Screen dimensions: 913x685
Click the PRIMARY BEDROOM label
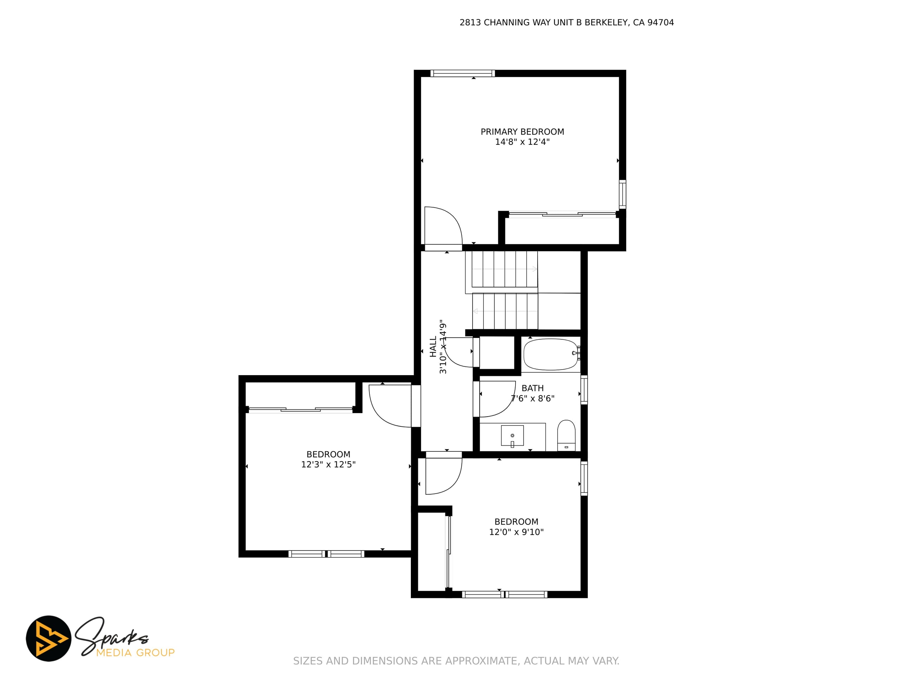[522, 132]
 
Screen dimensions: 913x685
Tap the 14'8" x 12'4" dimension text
[522, 142]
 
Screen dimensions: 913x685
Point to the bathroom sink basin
[512, 436]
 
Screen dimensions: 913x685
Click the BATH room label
[532, 388]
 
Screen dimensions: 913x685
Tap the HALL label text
[433, 346]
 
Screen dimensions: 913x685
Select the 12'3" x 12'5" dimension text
[328, 464]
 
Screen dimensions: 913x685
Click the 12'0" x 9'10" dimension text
[516, 532]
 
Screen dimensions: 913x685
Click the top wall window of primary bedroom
[462, 73]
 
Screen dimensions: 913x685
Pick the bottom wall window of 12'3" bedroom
[326, 554]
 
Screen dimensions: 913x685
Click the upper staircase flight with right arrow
[501, 269]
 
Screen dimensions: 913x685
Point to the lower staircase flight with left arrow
[505, 311]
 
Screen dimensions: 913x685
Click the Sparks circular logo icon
[49, 638]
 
